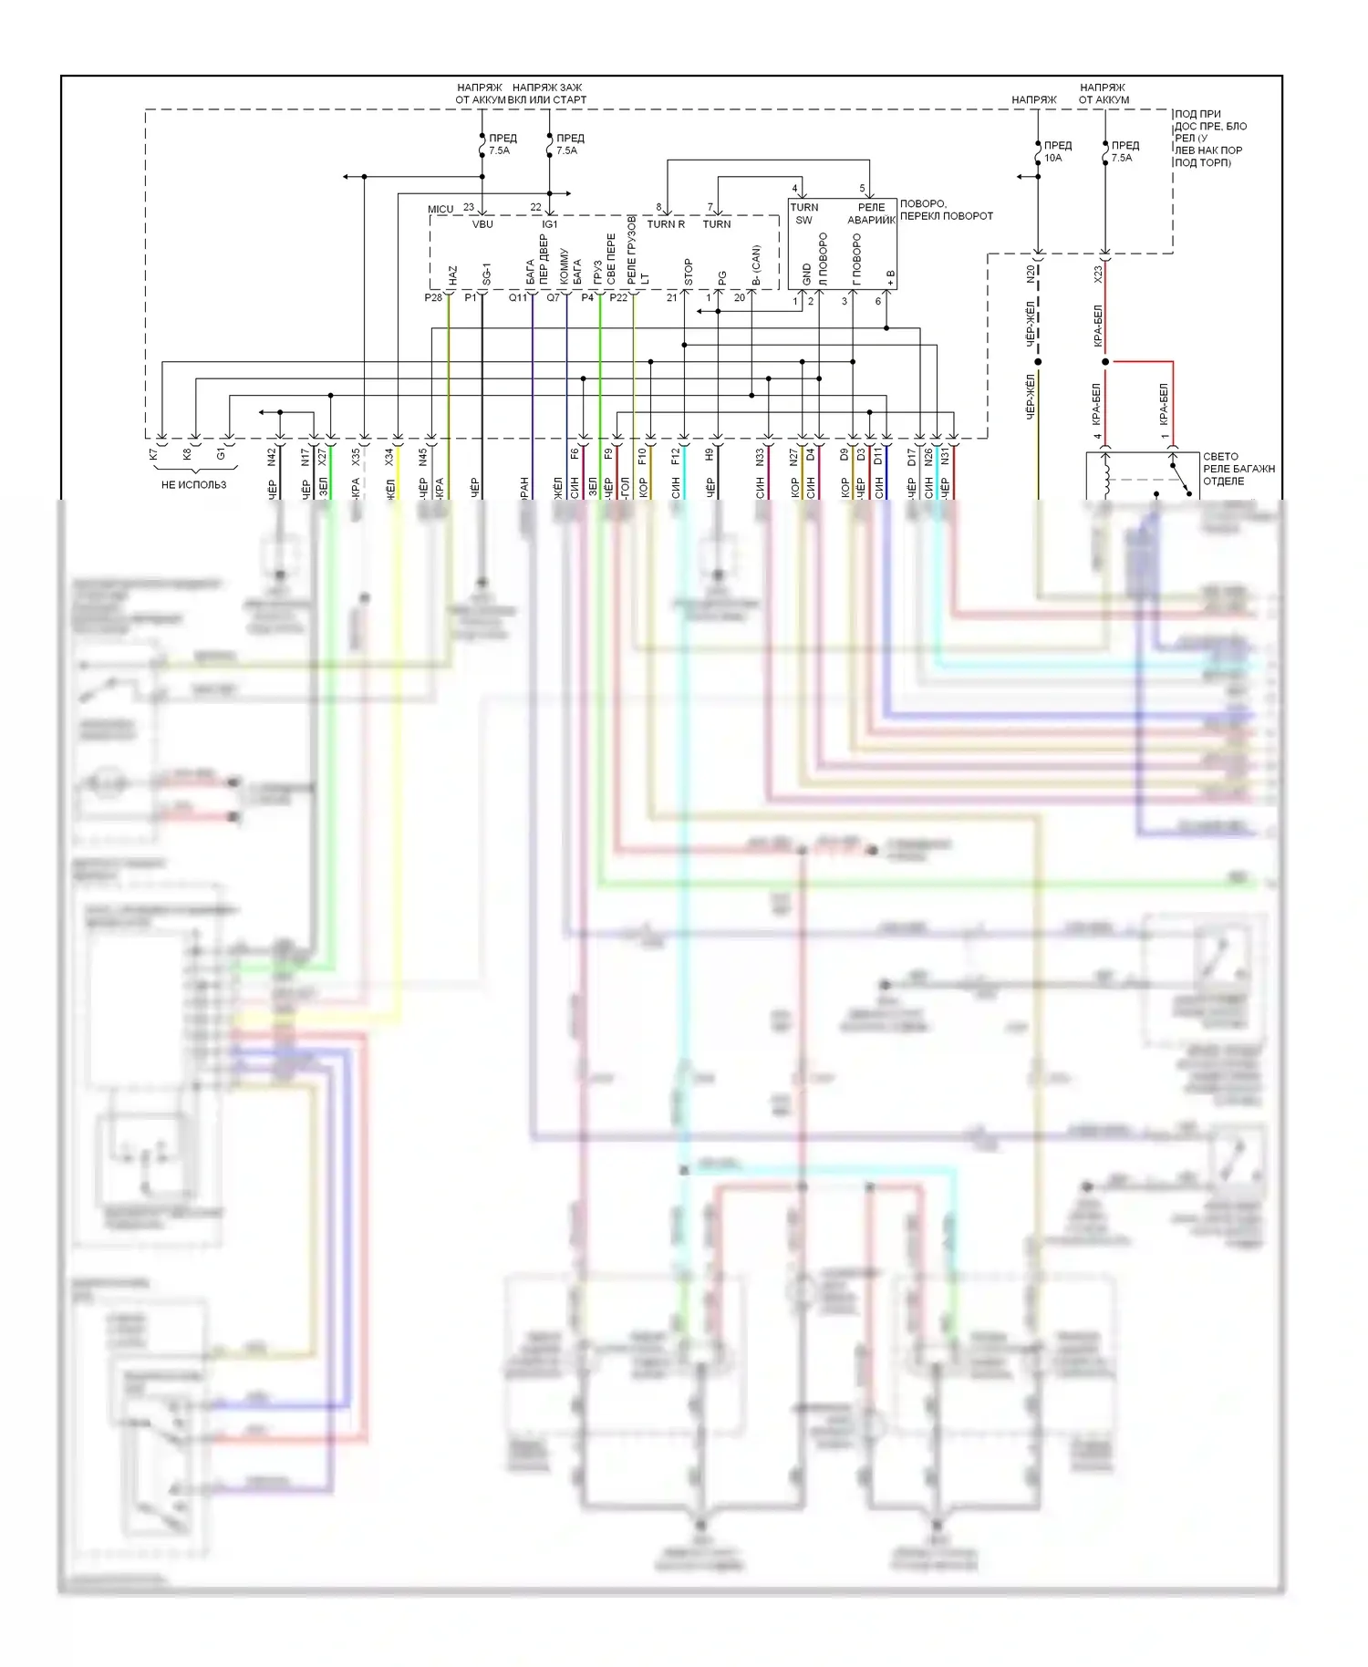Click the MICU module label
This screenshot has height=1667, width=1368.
[440, 210]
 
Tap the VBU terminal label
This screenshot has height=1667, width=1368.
[482, 224]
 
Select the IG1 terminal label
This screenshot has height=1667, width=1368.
[550, 224]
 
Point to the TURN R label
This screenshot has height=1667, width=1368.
[666, 224]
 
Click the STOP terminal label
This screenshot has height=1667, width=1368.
[689, 271]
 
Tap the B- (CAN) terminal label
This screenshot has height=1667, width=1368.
[756, 264]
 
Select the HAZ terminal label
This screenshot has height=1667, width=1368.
[453, 274]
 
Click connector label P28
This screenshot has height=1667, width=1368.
[433, 298]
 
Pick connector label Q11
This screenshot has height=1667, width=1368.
[517, 298]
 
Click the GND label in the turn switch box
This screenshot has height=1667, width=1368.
[807, 274]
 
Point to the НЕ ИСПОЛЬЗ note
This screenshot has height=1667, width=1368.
[193, 485]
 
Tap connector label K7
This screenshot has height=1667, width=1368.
[153, 454]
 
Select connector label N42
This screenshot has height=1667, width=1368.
[272, 457]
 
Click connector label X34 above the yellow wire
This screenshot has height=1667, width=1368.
[389, 457]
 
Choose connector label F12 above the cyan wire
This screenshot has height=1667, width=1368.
[676, 457]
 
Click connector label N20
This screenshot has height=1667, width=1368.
[1031, 273]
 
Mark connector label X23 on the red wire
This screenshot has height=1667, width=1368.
[1099, 273]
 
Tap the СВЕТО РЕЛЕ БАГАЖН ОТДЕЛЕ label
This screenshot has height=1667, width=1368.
[1238, 469]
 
